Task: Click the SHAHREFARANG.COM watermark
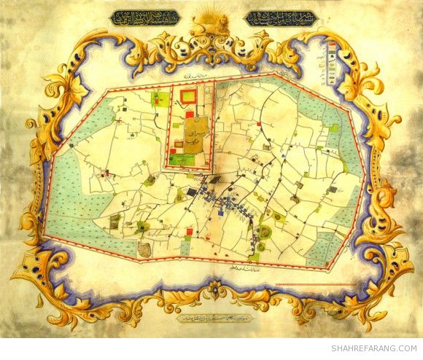pos(375,348)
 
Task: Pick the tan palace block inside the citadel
pos(187,136)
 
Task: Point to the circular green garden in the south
pos(265,232)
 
